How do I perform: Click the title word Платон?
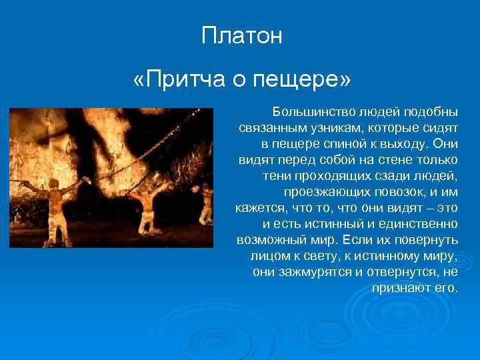click(242, 35)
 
